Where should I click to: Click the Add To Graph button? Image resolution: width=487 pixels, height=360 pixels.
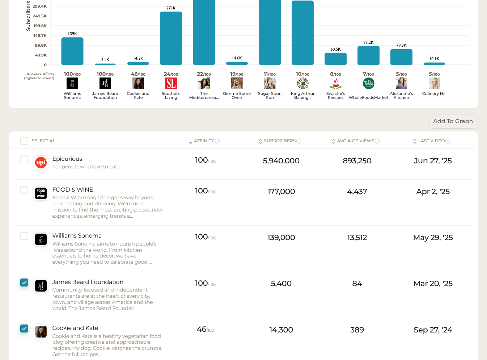click(453, 121)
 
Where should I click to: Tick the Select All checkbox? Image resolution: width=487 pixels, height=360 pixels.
click(24, 141)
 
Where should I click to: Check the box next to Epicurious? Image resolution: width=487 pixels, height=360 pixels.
click(24, 159)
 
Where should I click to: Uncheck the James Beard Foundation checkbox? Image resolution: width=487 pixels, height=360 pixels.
click(24, 282)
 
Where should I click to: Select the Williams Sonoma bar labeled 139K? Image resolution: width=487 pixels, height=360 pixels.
click(72, 51)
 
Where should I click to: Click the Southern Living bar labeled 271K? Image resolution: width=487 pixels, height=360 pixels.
click(171, 38)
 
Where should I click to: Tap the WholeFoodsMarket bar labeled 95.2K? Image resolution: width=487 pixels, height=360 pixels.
click(368, 55)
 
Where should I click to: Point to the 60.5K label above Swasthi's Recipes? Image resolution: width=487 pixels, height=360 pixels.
click(335, 49)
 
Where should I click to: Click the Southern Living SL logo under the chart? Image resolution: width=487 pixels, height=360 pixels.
click(171, 84)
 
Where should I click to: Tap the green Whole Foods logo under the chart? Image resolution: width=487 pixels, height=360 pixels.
click(368, 83)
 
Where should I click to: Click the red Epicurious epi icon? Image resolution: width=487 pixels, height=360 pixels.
click(41, 163)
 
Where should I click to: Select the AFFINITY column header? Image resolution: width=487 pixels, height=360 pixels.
click(204, 141)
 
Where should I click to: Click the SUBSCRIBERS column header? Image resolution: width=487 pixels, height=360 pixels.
click(279, 141)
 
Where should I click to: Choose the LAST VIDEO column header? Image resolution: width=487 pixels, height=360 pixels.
click(431, 141)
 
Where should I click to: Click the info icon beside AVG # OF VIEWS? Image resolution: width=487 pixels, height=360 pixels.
click(377, 141)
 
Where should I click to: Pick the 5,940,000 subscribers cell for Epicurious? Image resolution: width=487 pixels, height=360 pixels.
click(281, 161)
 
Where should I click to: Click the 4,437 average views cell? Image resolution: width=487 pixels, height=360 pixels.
click(357, 192)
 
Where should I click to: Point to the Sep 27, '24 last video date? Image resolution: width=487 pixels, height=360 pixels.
click(433, 330)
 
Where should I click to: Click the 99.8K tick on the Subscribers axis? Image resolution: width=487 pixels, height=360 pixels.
click(41, 45)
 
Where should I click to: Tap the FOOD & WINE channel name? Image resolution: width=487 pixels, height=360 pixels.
click(73, 189)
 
